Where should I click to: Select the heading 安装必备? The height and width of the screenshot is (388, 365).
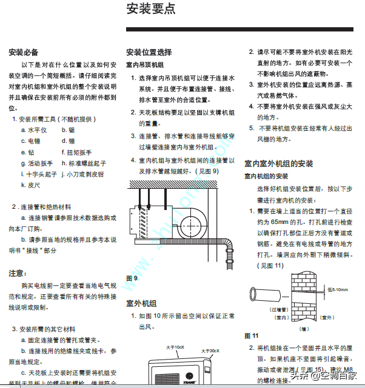(24, 52)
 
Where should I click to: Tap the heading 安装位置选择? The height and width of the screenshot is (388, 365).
(149, 52)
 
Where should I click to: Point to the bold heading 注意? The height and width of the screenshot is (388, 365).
(17, 273)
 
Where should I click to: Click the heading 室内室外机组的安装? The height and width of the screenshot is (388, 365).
(279, 163)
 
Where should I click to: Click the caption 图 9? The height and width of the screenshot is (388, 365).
(132, 278)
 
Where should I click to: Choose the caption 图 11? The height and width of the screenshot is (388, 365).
(252, 335)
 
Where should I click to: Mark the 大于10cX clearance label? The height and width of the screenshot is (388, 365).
(175, 347)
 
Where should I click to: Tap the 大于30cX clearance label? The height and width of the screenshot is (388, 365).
(210, 350)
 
